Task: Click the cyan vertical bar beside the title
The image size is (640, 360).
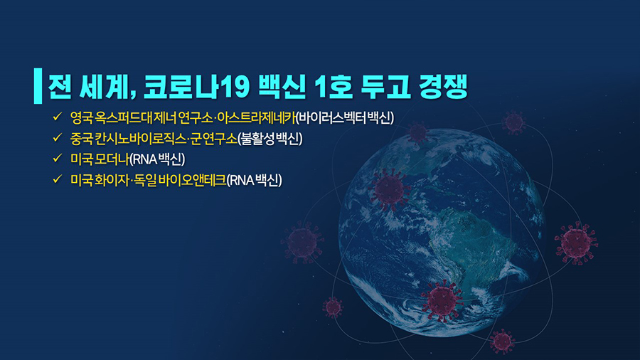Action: [38, 85]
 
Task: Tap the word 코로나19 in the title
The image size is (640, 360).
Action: [196, 87]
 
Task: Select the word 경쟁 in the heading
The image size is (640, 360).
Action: [443, 87]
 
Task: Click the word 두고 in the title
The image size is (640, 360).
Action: [385, 87]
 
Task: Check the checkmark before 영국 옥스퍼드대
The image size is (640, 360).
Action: [57, 117]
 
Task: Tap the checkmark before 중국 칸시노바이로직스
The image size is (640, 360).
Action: [57, 137]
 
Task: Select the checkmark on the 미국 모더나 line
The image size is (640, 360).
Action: [57, 158]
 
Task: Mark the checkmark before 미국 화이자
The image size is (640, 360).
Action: [57, 179]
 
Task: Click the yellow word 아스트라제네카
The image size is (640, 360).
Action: [256, 118]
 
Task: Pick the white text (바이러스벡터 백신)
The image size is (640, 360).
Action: [344, 118]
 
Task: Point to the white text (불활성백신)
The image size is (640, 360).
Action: [270, 139]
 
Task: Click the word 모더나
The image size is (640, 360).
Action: [112, 159]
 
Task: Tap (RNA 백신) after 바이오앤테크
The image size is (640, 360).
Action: [254, 180]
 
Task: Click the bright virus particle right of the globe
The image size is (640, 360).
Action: [576, 243]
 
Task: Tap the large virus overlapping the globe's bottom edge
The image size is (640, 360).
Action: [442, 301]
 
